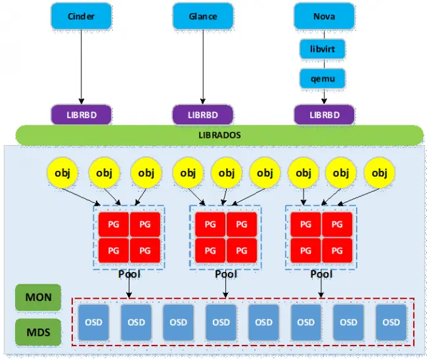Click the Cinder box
[81, 16]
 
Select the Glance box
[203, 16]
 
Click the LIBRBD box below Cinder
[81, 114]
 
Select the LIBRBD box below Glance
[203, 114]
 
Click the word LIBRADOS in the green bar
[219, 135]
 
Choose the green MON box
[38, 298]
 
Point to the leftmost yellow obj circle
[64, 173]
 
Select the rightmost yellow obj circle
[379, 173]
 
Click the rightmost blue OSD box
[391, 322]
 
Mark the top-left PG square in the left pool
[114, 225]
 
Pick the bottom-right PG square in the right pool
[337, 250]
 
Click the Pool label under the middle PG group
[225, 274]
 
